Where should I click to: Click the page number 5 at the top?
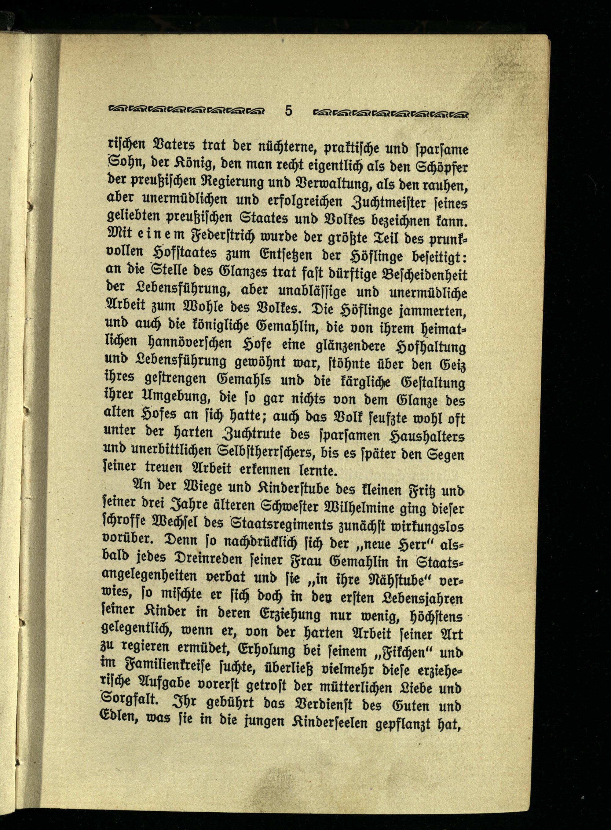tap(288, 110)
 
